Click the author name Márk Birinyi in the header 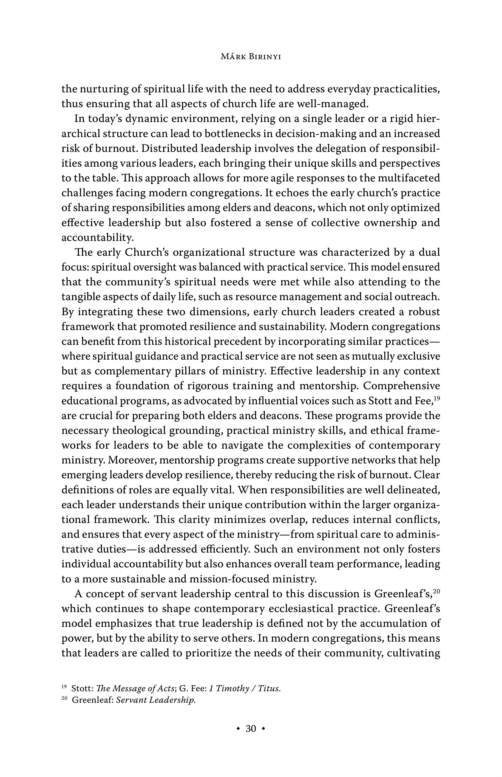251,57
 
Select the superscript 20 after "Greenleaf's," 437,590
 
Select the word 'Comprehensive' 401,386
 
